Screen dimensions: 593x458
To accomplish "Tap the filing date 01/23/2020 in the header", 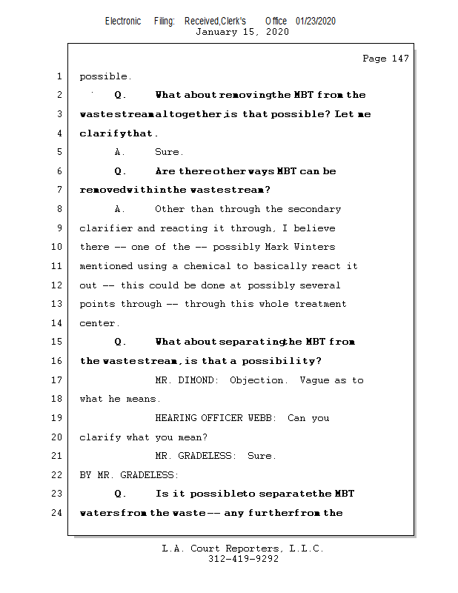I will (x=315, y=21).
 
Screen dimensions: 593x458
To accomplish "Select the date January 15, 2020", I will (x=242, y=32).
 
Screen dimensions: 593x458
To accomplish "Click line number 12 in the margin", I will (x=59, y=285).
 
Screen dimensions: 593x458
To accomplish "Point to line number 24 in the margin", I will (x=59, y=512).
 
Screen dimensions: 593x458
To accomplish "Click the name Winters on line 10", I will (x=315, y=247).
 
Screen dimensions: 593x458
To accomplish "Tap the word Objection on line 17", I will (x=257, y=380).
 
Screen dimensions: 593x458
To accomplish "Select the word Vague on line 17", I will (x=314, y=380).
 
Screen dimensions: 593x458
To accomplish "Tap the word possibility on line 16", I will (x=285, y=361).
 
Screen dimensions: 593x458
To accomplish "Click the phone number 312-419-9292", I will (x=243, y=559).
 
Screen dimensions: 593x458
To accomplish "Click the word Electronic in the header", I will (x=123, y=21).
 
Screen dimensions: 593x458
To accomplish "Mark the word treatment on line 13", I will (x=320, y=304).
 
